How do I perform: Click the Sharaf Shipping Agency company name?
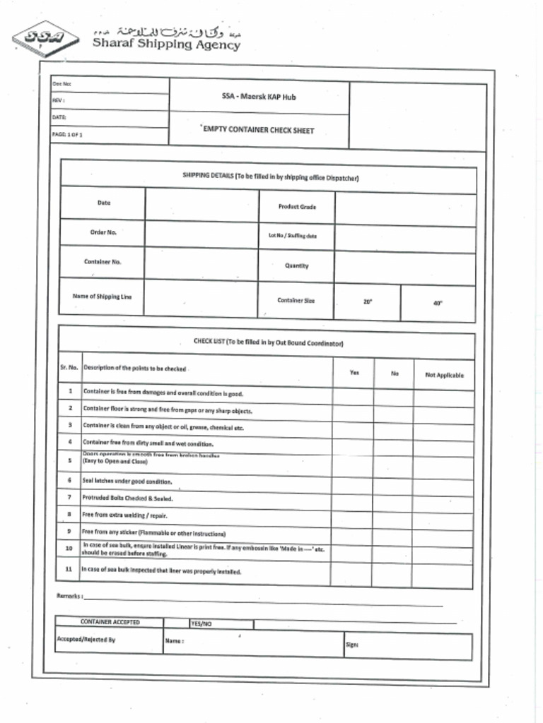tap(166, 44)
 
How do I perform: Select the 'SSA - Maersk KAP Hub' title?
tap(259, 97)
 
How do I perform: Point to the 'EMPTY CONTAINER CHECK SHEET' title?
tap(258, 130)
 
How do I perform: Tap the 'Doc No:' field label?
tap(62, 85)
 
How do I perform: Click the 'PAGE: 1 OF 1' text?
tap(68, 134)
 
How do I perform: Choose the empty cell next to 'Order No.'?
tap(202, 232)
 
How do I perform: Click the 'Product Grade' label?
tap(297, 207)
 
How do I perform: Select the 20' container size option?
tap(368, 301)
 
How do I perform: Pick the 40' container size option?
tap(438, 303)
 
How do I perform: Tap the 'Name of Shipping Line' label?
tap(102, 297)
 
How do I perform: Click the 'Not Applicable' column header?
tap(444, 375)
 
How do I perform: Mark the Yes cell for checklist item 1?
tap(353, 394)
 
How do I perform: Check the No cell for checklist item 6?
tap(393, 482)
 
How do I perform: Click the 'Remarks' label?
tap(69, 597)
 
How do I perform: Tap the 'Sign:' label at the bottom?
tap(351, 645)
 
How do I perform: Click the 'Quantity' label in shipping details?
tap(296, 266)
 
